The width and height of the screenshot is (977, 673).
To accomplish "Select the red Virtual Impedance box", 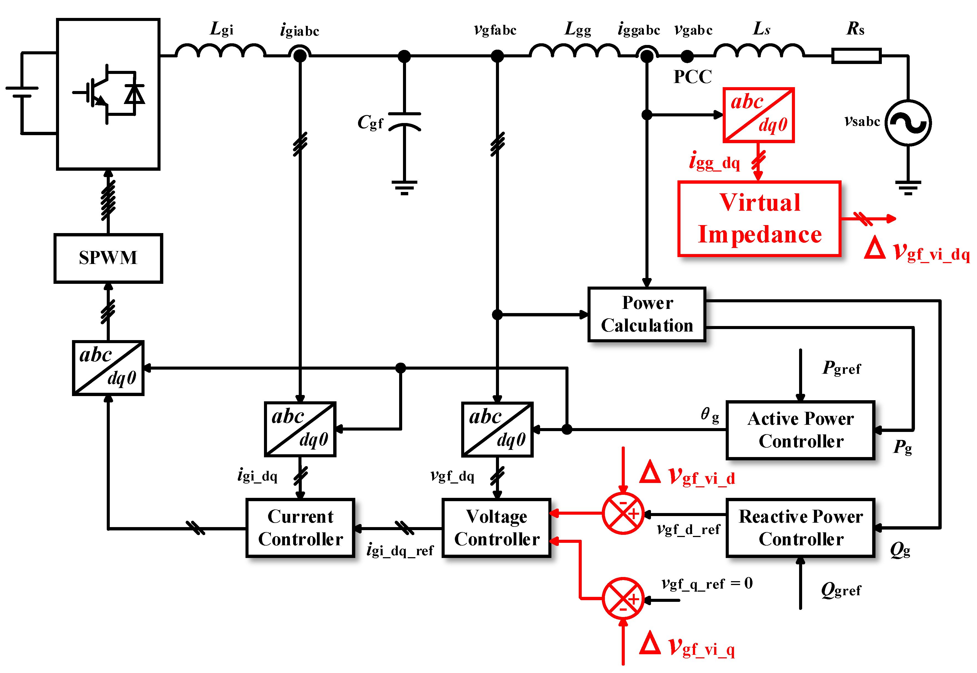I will coord(759,218).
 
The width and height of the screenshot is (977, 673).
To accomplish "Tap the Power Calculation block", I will coord(646,314).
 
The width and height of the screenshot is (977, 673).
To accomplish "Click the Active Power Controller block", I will coord(800,430).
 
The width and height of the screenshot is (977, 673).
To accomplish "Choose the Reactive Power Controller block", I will coord(800,528).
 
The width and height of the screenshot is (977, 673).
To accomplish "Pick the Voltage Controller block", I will coord(496,528).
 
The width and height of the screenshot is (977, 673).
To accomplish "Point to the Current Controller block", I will coord(300,528).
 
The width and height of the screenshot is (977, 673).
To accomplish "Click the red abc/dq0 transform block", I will coord(758,115).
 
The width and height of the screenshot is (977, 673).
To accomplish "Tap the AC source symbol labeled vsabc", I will coord(907,123).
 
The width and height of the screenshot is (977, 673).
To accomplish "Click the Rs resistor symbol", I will coord(856,56).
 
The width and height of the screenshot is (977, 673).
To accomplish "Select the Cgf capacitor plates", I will coord(404,120).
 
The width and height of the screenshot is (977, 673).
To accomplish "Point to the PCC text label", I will coord(692,77).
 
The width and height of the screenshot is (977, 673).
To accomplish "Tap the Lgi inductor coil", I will coord(220,50).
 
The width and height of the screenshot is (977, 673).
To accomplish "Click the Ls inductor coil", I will coord(759,50).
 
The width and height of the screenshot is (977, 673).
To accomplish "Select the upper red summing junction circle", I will coord(623,513).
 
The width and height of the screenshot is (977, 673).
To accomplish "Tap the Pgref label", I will coord(841,368).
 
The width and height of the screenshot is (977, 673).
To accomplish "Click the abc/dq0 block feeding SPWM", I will coord(108,368).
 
